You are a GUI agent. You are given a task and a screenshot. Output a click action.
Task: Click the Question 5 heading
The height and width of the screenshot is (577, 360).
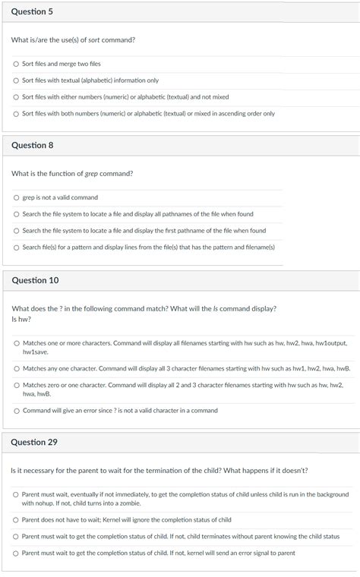tap(32, 13)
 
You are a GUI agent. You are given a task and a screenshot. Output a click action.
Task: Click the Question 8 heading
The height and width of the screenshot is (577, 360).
tap(32, 145)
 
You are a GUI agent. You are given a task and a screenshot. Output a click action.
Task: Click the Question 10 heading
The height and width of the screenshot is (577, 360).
tap(35, 281)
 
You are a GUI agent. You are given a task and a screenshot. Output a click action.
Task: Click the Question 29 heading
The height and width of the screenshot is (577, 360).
tap(35, 442)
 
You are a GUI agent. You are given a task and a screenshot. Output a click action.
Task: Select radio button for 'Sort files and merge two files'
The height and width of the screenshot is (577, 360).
tap(16, 64)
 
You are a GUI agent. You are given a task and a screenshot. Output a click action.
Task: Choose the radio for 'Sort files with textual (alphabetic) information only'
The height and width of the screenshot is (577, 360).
tap(16, 80)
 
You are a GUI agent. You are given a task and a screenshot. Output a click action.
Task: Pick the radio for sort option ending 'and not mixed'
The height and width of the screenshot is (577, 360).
tap(16, 97)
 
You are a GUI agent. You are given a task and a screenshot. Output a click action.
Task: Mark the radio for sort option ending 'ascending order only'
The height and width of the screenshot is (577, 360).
tap(16, 114)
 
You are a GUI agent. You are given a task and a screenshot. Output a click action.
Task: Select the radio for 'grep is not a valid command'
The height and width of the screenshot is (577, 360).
tap(16, 197)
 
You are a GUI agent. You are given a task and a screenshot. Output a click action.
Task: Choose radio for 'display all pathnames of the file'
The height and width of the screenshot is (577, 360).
tap(16, 214)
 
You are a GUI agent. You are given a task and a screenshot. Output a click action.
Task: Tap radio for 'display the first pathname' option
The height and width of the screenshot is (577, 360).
tap(16, 231)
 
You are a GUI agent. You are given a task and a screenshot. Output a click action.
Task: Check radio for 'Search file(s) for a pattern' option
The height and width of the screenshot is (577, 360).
tap(16, 248)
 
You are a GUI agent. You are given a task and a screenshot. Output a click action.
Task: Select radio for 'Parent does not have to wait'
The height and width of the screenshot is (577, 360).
tap(16, 520)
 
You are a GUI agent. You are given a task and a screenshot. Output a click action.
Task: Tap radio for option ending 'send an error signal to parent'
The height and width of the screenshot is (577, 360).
tap(16, 553)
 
